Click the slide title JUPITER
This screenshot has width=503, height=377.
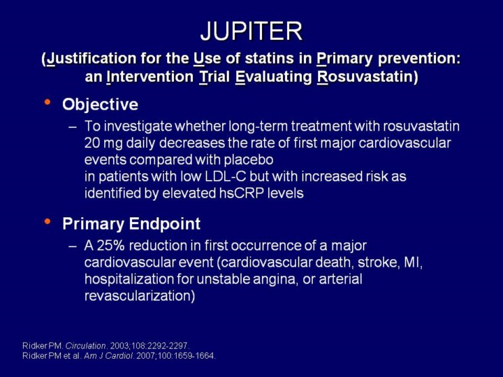[251, 31]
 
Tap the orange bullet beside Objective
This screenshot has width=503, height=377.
[48, 102]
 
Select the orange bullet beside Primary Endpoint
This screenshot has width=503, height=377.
[48, 221]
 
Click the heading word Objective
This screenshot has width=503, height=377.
[100, 105]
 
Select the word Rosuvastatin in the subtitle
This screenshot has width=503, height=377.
[365, 77]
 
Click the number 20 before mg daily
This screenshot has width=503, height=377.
[92, 143]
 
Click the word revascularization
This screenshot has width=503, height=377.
[140, 296]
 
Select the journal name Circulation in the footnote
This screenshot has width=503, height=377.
[86, 346]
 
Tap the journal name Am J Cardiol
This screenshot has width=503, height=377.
[109, 356]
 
